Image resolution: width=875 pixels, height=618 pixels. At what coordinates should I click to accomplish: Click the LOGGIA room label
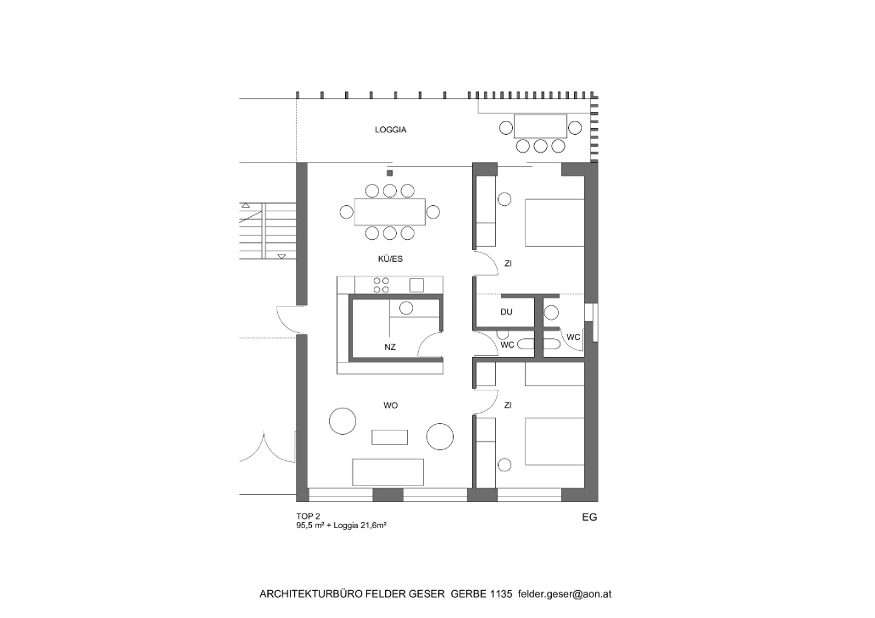click(x=391, y=130)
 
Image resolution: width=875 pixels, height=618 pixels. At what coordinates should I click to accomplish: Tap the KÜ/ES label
click(x=390, y=259)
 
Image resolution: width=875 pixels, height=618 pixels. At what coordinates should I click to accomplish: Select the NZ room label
click(x=390, y=347)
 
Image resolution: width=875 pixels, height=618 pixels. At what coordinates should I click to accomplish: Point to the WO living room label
click(x=391, y=405)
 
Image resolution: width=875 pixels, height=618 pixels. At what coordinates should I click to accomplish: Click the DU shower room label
click(x=506, y=312)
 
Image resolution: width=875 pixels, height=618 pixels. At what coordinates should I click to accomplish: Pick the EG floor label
click(x=589, y=517)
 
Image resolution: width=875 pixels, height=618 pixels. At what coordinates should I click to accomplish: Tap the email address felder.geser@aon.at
click(x=564, y=594)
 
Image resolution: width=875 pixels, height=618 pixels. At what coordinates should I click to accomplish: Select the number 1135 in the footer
click(x=500, y=594)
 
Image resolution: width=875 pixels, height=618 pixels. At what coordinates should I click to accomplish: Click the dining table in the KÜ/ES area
click(x=390, y=212)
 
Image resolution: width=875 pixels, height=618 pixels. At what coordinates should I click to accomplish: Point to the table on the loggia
click(x=540, y=126)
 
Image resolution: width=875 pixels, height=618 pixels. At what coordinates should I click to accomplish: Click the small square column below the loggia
click(x=389, y=173)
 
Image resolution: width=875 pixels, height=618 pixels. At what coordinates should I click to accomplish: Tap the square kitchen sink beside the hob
click(x=416, y=285)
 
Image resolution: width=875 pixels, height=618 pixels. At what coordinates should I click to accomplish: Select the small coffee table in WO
click(x=389, y=437)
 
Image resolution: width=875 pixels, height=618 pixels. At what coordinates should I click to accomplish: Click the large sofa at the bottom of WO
click(x=387, y=472)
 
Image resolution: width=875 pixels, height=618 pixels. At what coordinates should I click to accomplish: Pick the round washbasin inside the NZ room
click(x=406, y=308)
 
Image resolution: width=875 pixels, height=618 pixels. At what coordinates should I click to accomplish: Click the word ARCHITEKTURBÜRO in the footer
click(x=311, y=594)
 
